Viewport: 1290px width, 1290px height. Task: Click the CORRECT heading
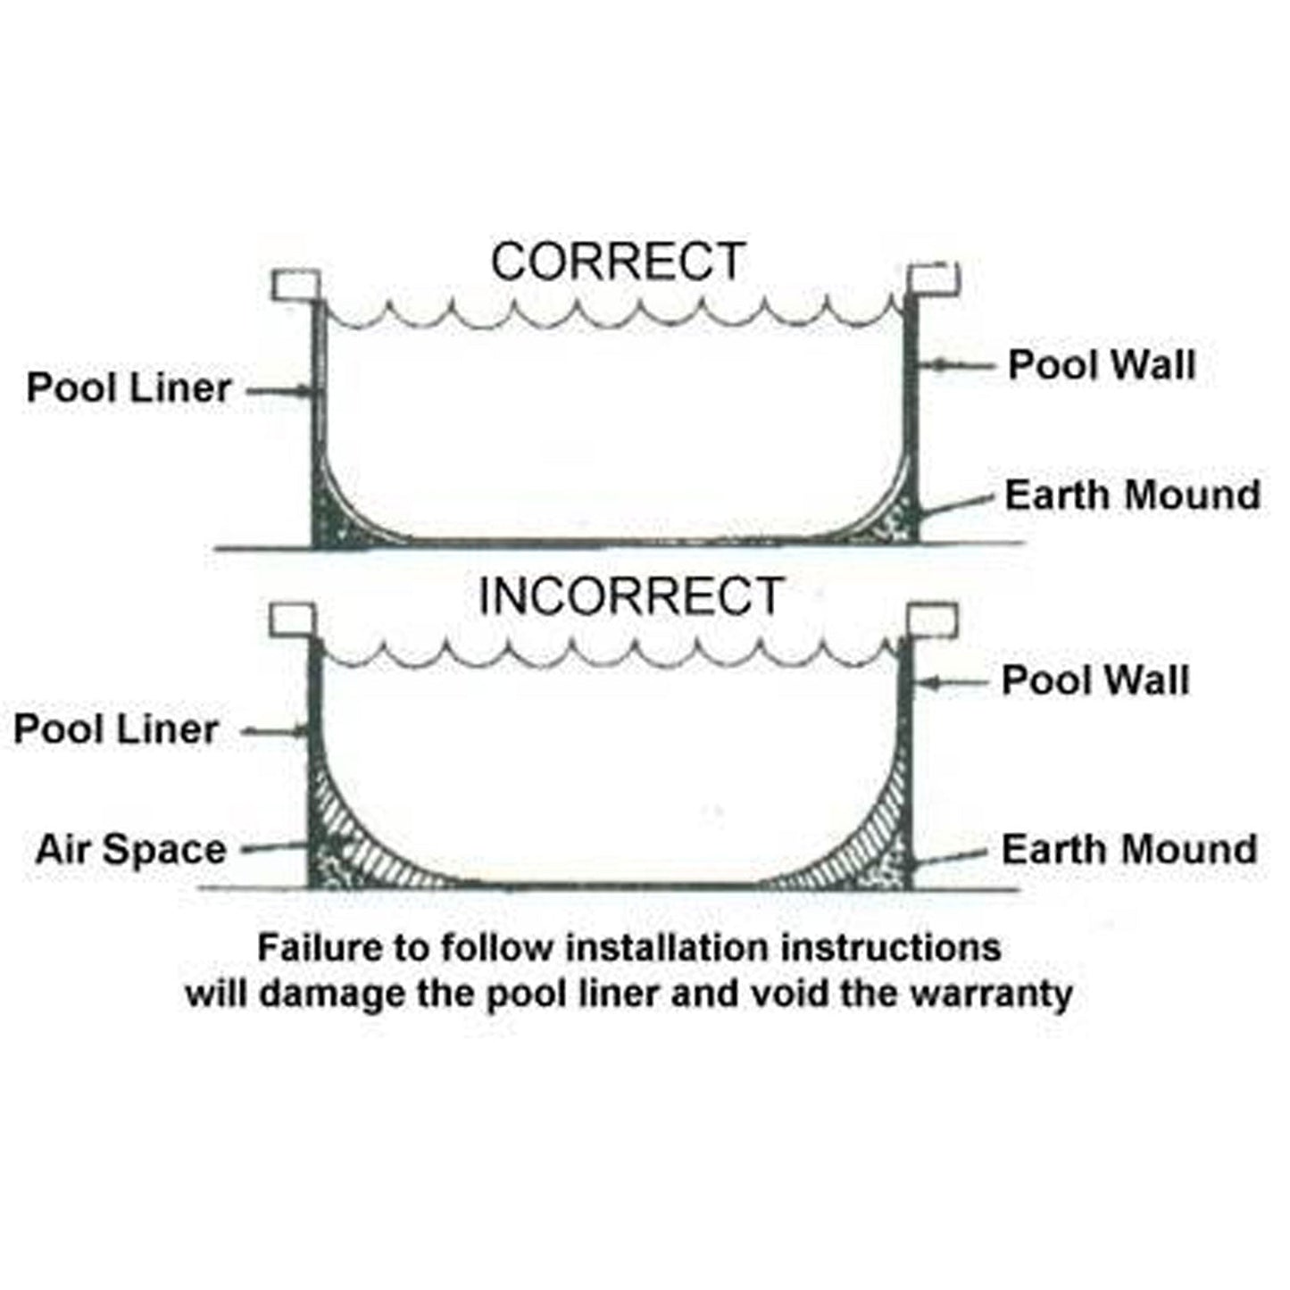(618, 262)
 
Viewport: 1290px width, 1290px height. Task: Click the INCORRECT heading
(630, 596)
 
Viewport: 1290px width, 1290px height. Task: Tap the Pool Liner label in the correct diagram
(129, 388)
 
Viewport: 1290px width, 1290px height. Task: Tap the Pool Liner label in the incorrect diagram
(116, 729)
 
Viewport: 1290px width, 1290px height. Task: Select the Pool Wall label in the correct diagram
(1102, 365)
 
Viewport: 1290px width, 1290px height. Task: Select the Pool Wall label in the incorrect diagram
(1095, 681)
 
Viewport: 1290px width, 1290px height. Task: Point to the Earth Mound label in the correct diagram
(1133, 495)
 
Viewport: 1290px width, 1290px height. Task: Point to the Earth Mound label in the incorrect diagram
(1129, 849)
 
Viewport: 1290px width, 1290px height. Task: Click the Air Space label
(130, 850)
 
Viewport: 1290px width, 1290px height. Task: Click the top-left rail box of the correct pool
(295, 286)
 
